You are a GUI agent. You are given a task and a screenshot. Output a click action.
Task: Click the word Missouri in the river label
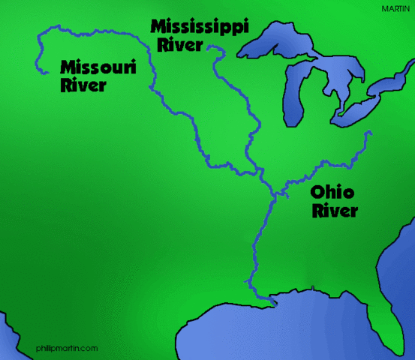pyautogui.click(x=98, y=68)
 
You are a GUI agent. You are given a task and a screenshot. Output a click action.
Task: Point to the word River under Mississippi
pyautogui.click(x=180, y=45)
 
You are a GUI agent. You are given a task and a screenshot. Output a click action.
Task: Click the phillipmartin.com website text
pyautogui.click(x=67, y=348)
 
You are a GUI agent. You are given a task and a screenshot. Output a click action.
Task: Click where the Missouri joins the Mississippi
pyautogui.click(x=262, y=174)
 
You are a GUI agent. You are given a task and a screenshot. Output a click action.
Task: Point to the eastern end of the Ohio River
pyautogui.click(x=370, y=133)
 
